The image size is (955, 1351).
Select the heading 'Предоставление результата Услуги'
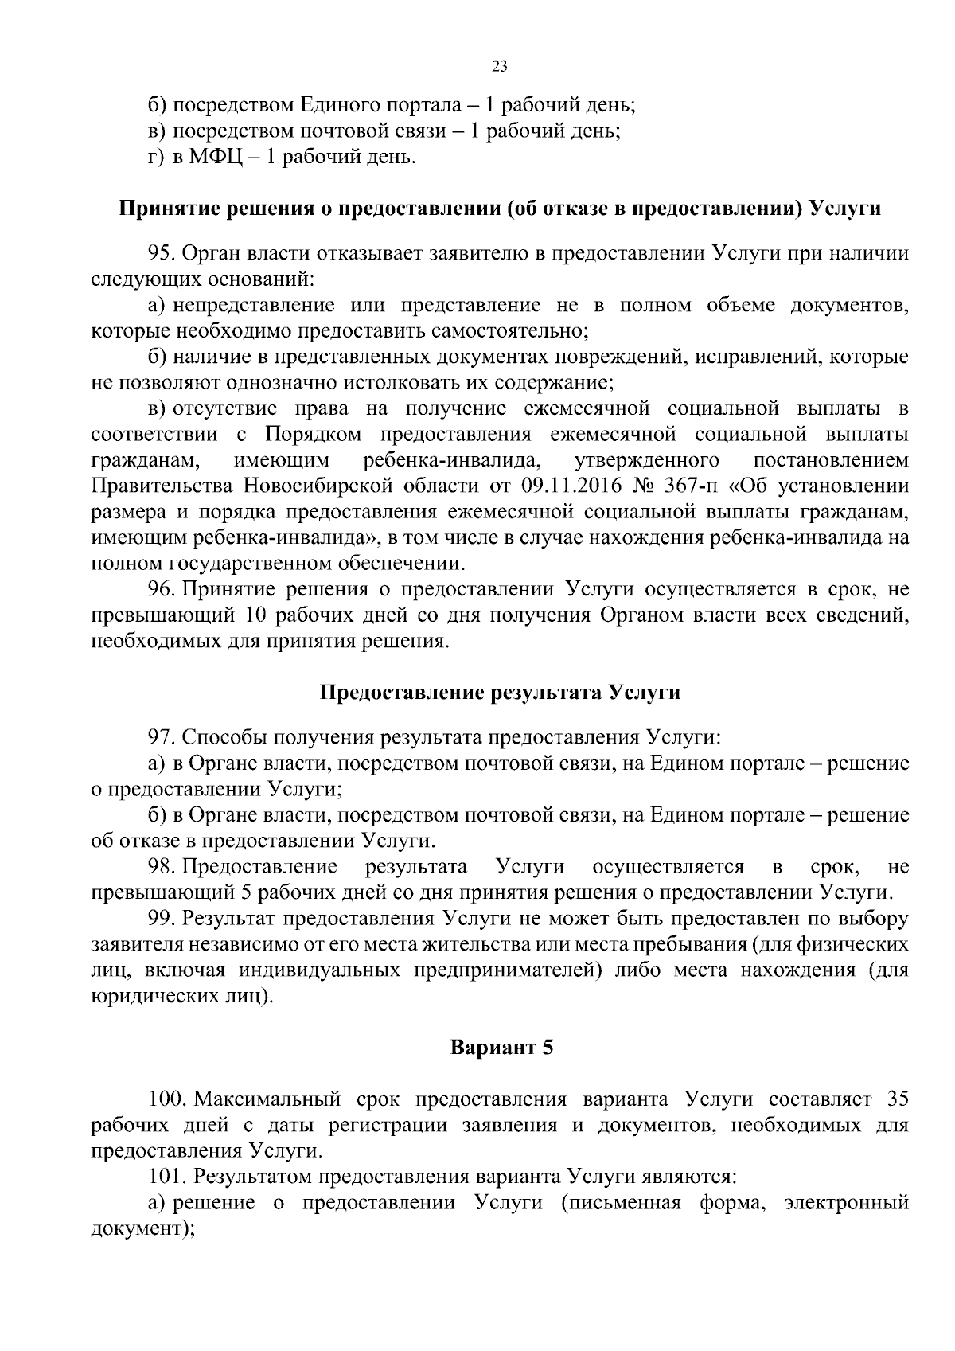500,692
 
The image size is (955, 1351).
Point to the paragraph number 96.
162,589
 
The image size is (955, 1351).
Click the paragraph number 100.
166,1099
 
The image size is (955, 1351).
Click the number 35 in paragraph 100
897,1099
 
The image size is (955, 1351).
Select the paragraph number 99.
162,918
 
